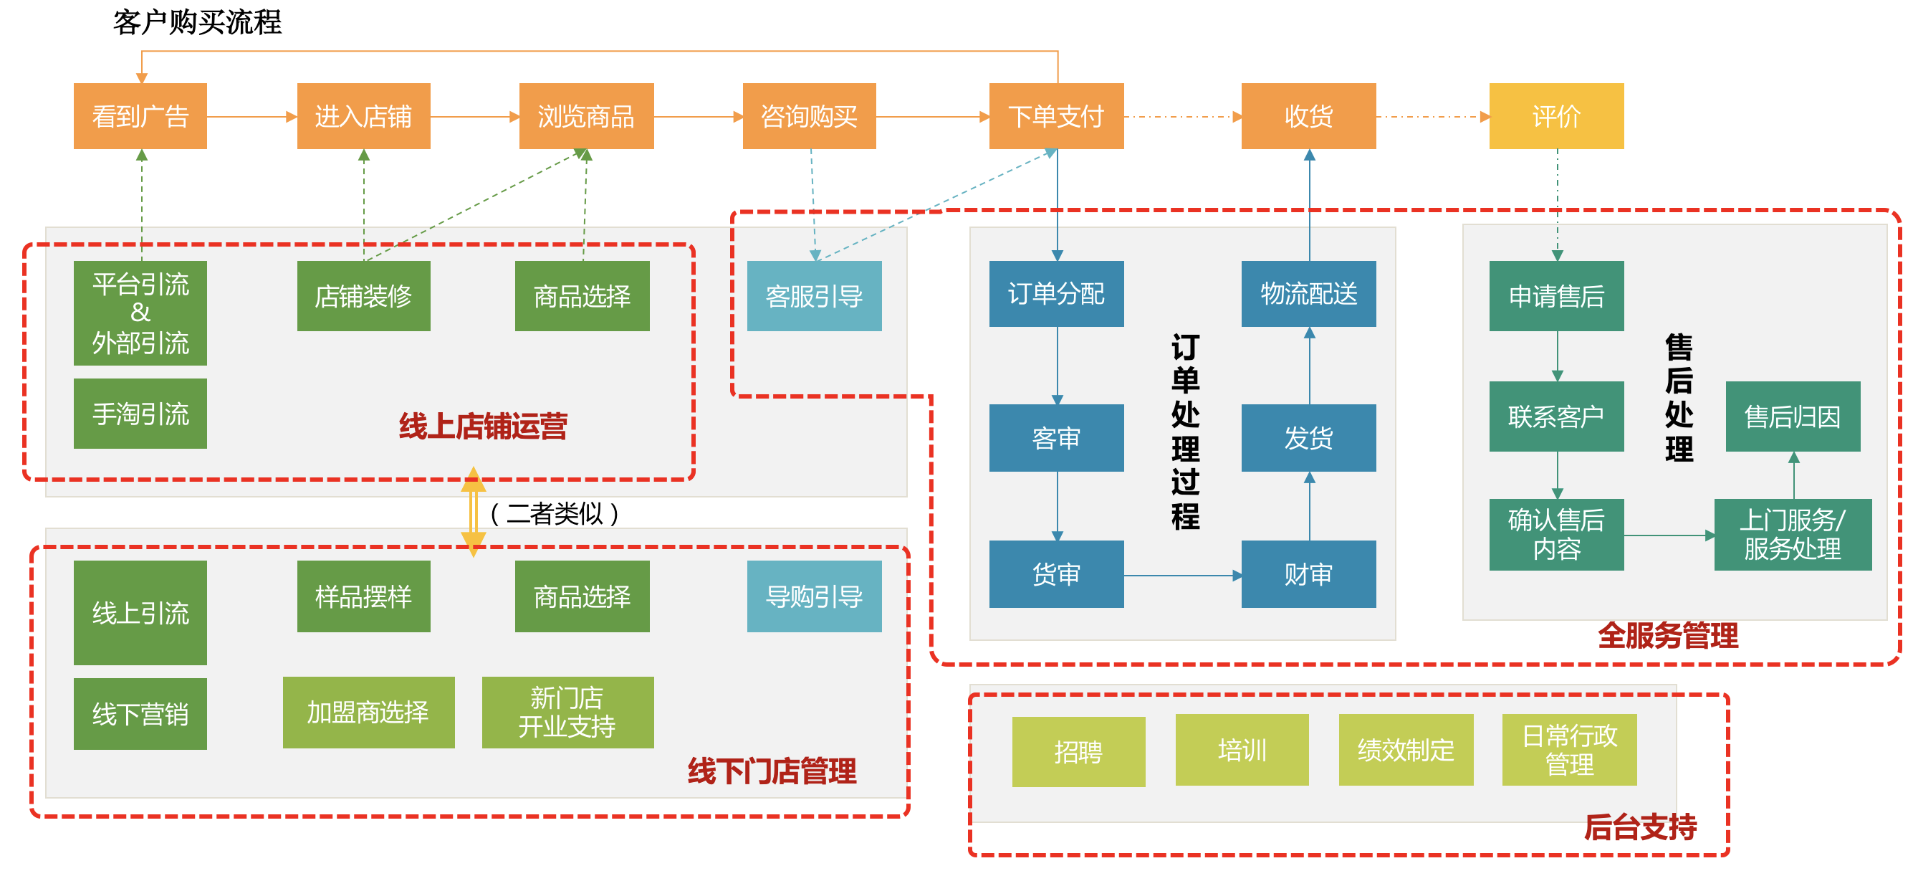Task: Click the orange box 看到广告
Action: point(140,116)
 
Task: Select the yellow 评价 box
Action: point(1555,116)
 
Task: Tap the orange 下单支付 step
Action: point(1056,116)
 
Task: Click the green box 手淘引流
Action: point(140,413)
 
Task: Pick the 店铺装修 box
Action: point(363,296)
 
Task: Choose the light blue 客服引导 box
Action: point(814,296)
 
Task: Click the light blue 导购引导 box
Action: point(814,596)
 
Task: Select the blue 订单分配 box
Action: point(1056,293)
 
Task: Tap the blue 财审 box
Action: point(1308,573)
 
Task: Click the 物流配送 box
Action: point(1308,293)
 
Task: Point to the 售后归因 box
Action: point(1792,416)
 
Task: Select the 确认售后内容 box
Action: point(1555,534)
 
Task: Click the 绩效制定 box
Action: point(1405,750)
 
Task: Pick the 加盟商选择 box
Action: point(368,712)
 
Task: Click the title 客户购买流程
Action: point(198,22)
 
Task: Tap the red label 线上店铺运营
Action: point(483,427)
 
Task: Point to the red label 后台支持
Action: point(1640,827)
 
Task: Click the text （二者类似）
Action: point(555,513)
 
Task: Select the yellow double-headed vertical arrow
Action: point(473,512)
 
